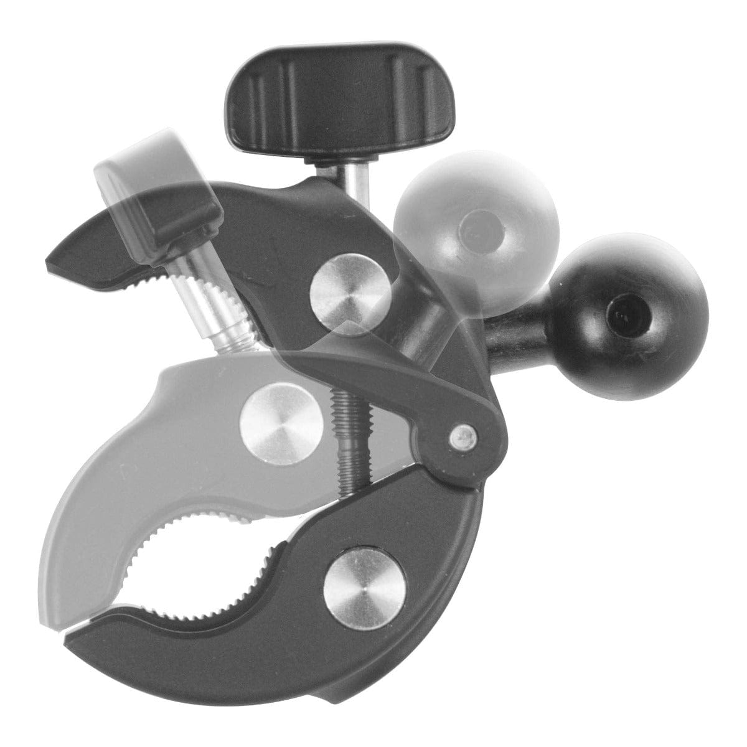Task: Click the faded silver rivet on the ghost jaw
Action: click(275, 417)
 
